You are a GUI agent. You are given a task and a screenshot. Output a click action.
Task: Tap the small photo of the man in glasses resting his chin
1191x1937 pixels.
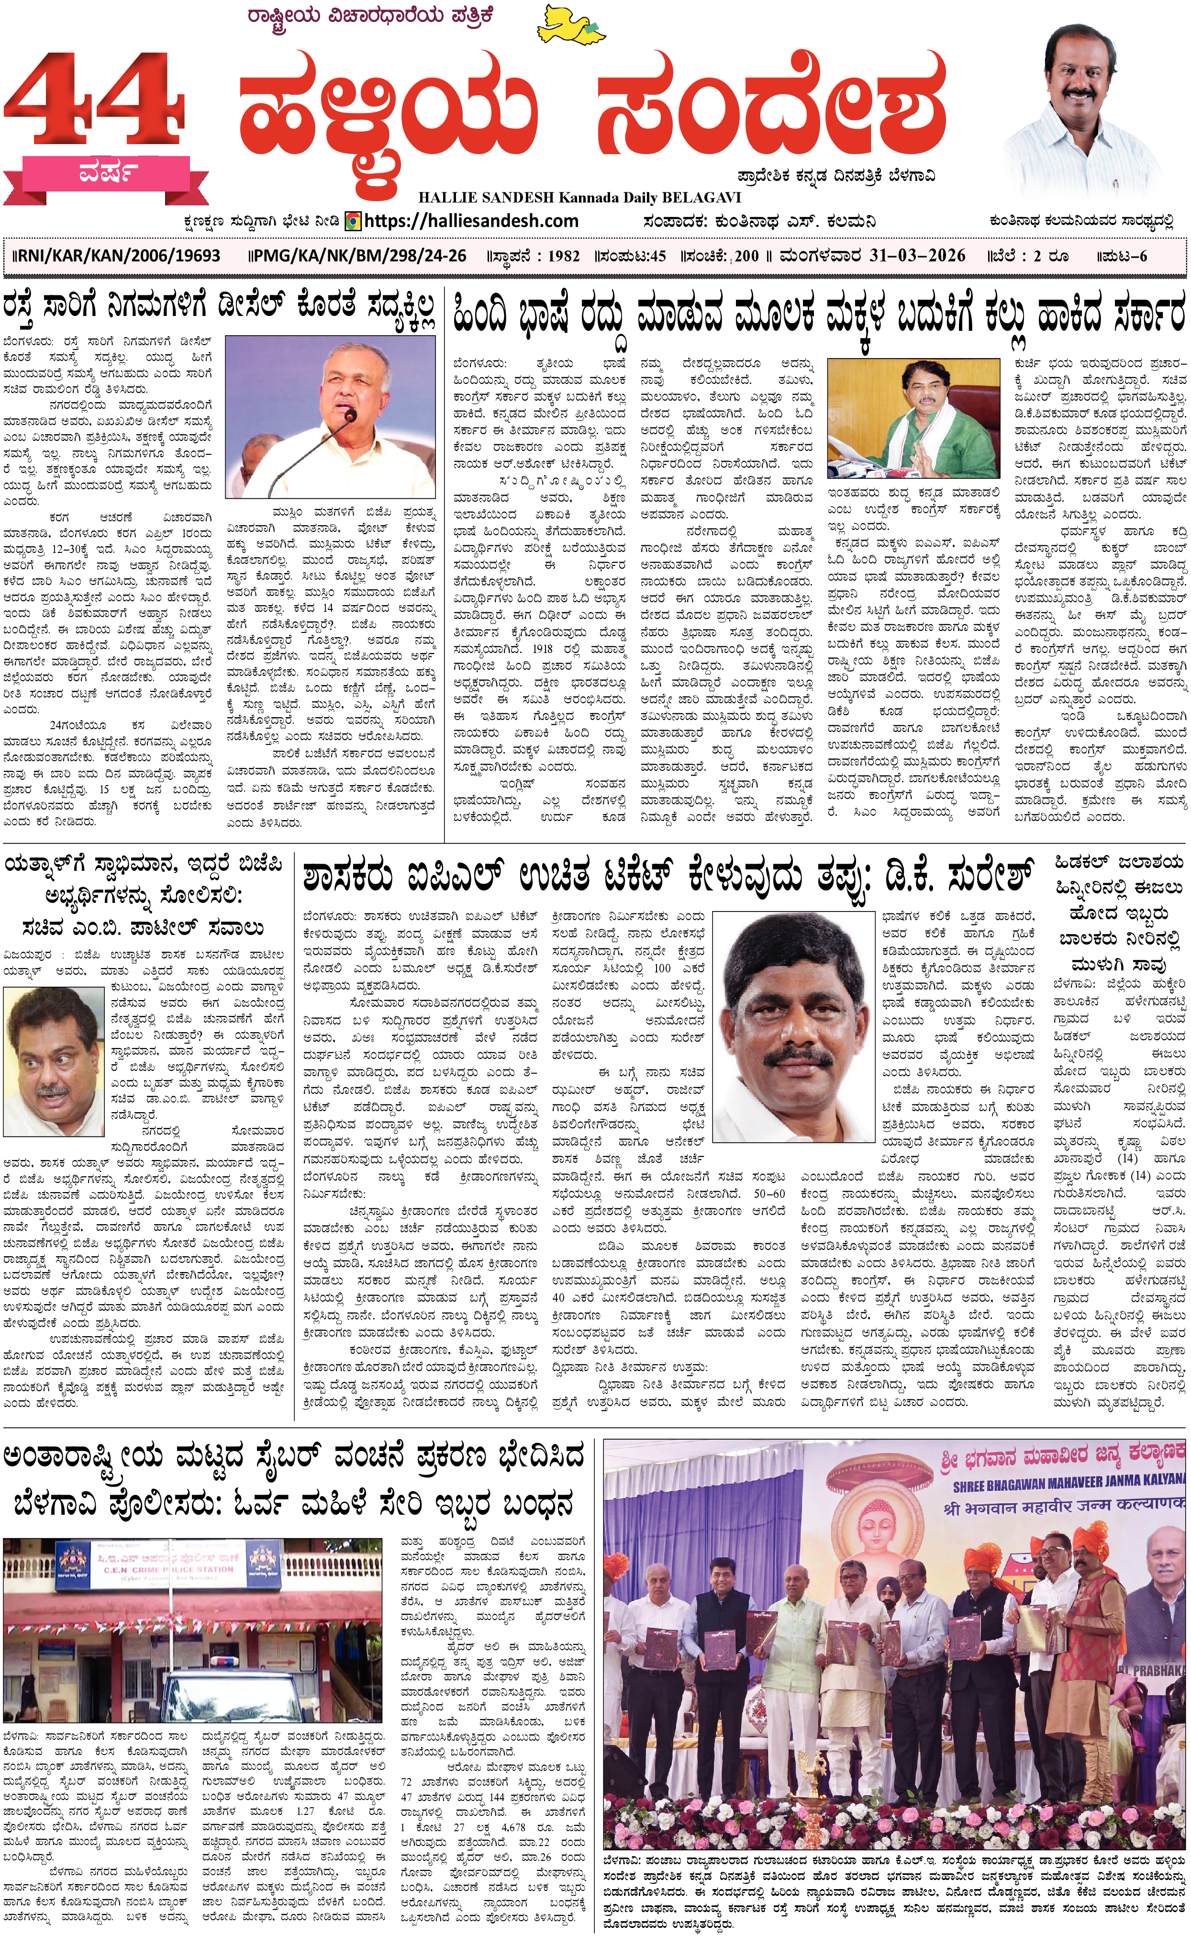[54, 1060]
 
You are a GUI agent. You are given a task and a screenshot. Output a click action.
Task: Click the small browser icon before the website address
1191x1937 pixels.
[354, 222]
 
